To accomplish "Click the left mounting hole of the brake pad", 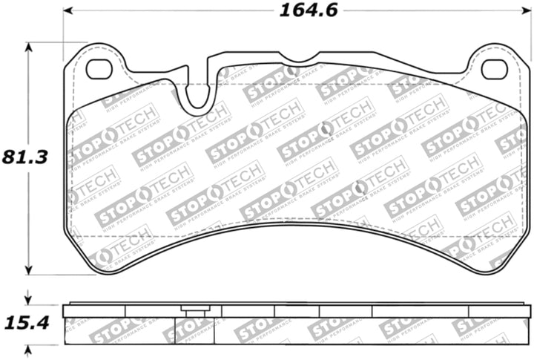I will (x=99, y=69).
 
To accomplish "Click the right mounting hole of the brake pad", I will (x=494, y=69).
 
